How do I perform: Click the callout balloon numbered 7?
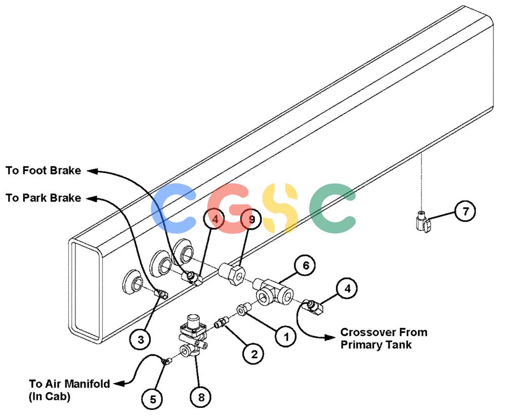pos(465,212)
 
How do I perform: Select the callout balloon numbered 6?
pos(305,266)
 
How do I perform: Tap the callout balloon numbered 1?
pos(285,337)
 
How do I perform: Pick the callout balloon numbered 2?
pos(254,354)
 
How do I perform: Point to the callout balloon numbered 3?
pos(141,339)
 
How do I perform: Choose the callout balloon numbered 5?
pos(153,399)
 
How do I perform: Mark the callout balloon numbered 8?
pos(201,397)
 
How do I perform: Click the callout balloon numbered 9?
pos(251,220)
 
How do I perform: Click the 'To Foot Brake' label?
pos(43,171)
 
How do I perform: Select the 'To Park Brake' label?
pos(43,197)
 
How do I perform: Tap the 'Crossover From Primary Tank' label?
pos(384,338)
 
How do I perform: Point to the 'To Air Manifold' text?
pos(69,384)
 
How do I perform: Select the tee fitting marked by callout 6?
pos(274,291)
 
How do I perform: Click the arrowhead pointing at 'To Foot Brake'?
pos(93,171)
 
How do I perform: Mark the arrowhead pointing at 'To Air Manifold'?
pos(119,384)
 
